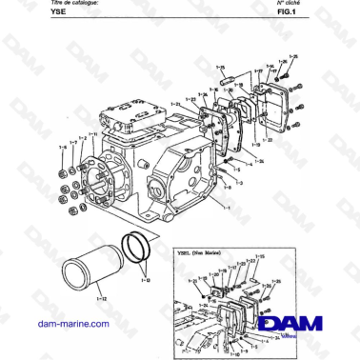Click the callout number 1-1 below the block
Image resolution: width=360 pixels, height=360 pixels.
point(227,205)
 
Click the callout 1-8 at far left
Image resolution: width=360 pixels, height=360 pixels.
point(63,147)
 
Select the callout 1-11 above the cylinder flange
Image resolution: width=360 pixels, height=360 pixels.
point(91,133)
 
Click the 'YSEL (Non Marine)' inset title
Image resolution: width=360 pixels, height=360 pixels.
point(203,253)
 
